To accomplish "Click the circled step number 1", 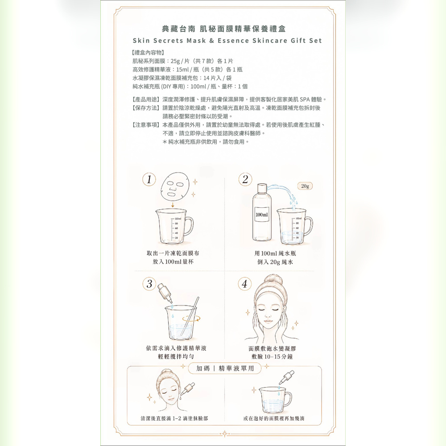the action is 149,179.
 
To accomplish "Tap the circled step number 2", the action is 245,179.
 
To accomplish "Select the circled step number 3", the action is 149,284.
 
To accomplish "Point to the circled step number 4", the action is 244,284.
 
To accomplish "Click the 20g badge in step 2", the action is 305,186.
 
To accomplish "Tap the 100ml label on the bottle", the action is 261,215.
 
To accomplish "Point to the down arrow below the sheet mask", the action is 173,205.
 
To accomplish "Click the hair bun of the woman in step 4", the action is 273,279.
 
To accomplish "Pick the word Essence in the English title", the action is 233,41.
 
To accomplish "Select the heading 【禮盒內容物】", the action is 148,52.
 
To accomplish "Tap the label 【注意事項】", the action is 146,125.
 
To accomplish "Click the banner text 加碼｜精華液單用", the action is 225,368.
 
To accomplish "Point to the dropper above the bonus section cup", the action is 286,378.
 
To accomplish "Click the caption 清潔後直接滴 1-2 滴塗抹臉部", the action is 174,418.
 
